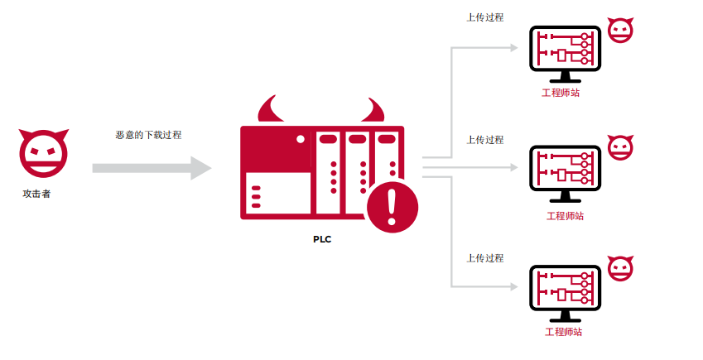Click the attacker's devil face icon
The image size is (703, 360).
pyautogui.click(x=44, y=153)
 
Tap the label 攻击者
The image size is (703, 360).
pyautogui.click(x=36, y=194)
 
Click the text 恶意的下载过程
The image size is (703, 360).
pyautogui.click(x=148, y=135)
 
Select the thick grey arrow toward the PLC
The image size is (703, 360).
pyautogui.click(x=152, y=168)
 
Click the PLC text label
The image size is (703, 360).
pyautogui.click(x=322, y=239)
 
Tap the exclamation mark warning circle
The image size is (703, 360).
pyautogui.click(x=392, y=207)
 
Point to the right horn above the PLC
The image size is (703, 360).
pyautogui.click(x=373, y=110)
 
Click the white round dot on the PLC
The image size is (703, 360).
pyautogui.click(x=301, y=139)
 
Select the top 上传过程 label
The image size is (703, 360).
pyautogui.click(x=485, y=17)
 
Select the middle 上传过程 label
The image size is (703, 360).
pyautogui.click(x=485, y=140)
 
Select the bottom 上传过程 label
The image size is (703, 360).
pyautogui.click(x=485, y=258)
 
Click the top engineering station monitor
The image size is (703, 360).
pyautogui.click(x=565, y=54)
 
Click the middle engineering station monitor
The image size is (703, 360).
pyautogui.click(x=565, y=174)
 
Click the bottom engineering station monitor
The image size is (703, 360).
pyautogui.click(x=565, y=293)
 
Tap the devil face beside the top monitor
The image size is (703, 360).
pyautogui.click(x=620, y=31)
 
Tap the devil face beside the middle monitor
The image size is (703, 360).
pyautogui.click(x=620, y=147)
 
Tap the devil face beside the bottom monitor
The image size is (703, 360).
pyautogui.click(x=620, y=268)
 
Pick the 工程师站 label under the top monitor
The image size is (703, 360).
pyautogui.click(x=561, y=93)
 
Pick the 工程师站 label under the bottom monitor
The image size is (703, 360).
pyautogui.click(x=564, y=332)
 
